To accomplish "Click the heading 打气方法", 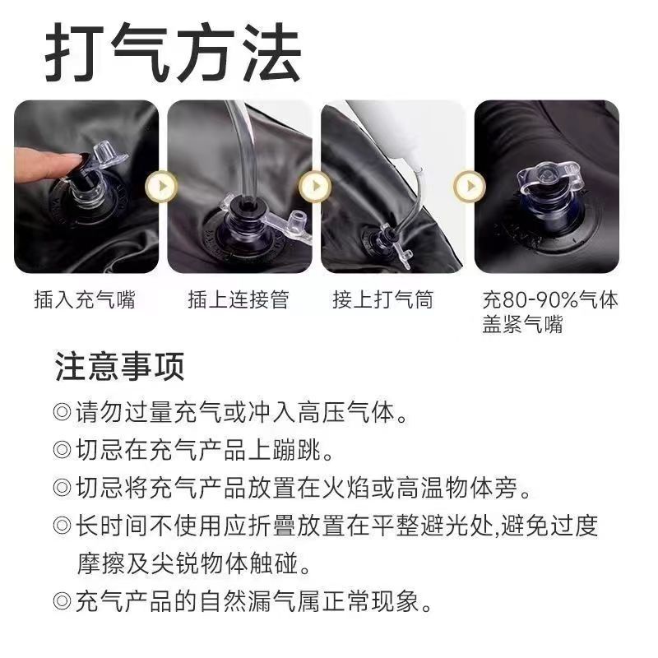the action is tap(173, 53).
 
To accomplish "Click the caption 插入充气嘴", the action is tap(85, 299).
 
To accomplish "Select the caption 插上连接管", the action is tap(239, 299).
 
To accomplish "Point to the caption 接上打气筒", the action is tap(382, 299).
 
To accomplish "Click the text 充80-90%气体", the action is tap(550, 299).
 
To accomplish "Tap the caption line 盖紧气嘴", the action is tap(522, 324).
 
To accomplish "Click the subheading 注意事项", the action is tap(119, 366).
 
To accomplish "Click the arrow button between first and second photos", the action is tap(161, 186).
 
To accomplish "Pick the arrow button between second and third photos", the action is tap(315, 186).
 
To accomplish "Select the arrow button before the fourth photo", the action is tap(470, 186).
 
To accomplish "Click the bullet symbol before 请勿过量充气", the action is tap(63, 412).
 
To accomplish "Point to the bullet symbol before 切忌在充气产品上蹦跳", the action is tap(63, 449).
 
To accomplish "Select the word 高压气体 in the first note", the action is tap(346, 412).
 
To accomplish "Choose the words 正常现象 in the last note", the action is tap(371, 601).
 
